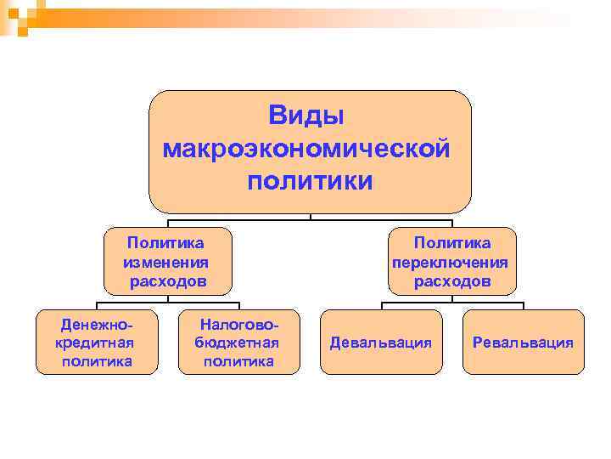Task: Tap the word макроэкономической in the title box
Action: click(x=306, y=148)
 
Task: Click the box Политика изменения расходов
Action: click(x=167, y=261)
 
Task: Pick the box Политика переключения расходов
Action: click(x=451, y=261)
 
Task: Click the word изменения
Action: click(x=166, y=262)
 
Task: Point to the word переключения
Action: click(x=451, y=262)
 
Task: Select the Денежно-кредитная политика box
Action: click(x=97, y=342)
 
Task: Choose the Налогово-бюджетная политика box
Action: click(x=238, y=342)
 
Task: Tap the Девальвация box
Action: click(x=381, y=343)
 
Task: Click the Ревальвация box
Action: click(x=523, y=343)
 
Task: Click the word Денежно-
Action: click(x=97, y=324)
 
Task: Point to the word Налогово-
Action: click(x=238, y=324)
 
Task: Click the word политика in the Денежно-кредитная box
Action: click(x=97, y=361)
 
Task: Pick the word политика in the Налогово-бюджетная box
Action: click(x=238, y=361)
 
